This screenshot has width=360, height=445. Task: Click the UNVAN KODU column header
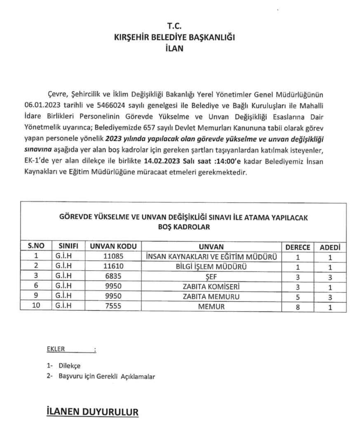pos(113,247)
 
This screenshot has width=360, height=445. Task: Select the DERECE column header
pos(298,247)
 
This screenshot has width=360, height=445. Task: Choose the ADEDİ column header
pos(330,247)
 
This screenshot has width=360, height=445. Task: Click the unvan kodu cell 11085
pos(113,257)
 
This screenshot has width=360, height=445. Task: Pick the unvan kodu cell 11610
pos(113,267)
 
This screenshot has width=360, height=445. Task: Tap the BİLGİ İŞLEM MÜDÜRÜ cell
pos(211,267)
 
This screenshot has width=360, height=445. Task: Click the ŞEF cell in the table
pos(211,276)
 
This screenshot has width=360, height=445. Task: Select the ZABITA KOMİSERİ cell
pos(211,287)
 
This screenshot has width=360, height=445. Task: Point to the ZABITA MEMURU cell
pos(211,297)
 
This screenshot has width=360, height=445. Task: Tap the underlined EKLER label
pos(56,349)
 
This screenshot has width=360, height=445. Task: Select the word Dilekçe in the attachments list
pos(69,366)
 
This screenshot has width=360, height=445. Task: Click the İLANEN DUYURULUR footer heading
pos(92,412)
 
